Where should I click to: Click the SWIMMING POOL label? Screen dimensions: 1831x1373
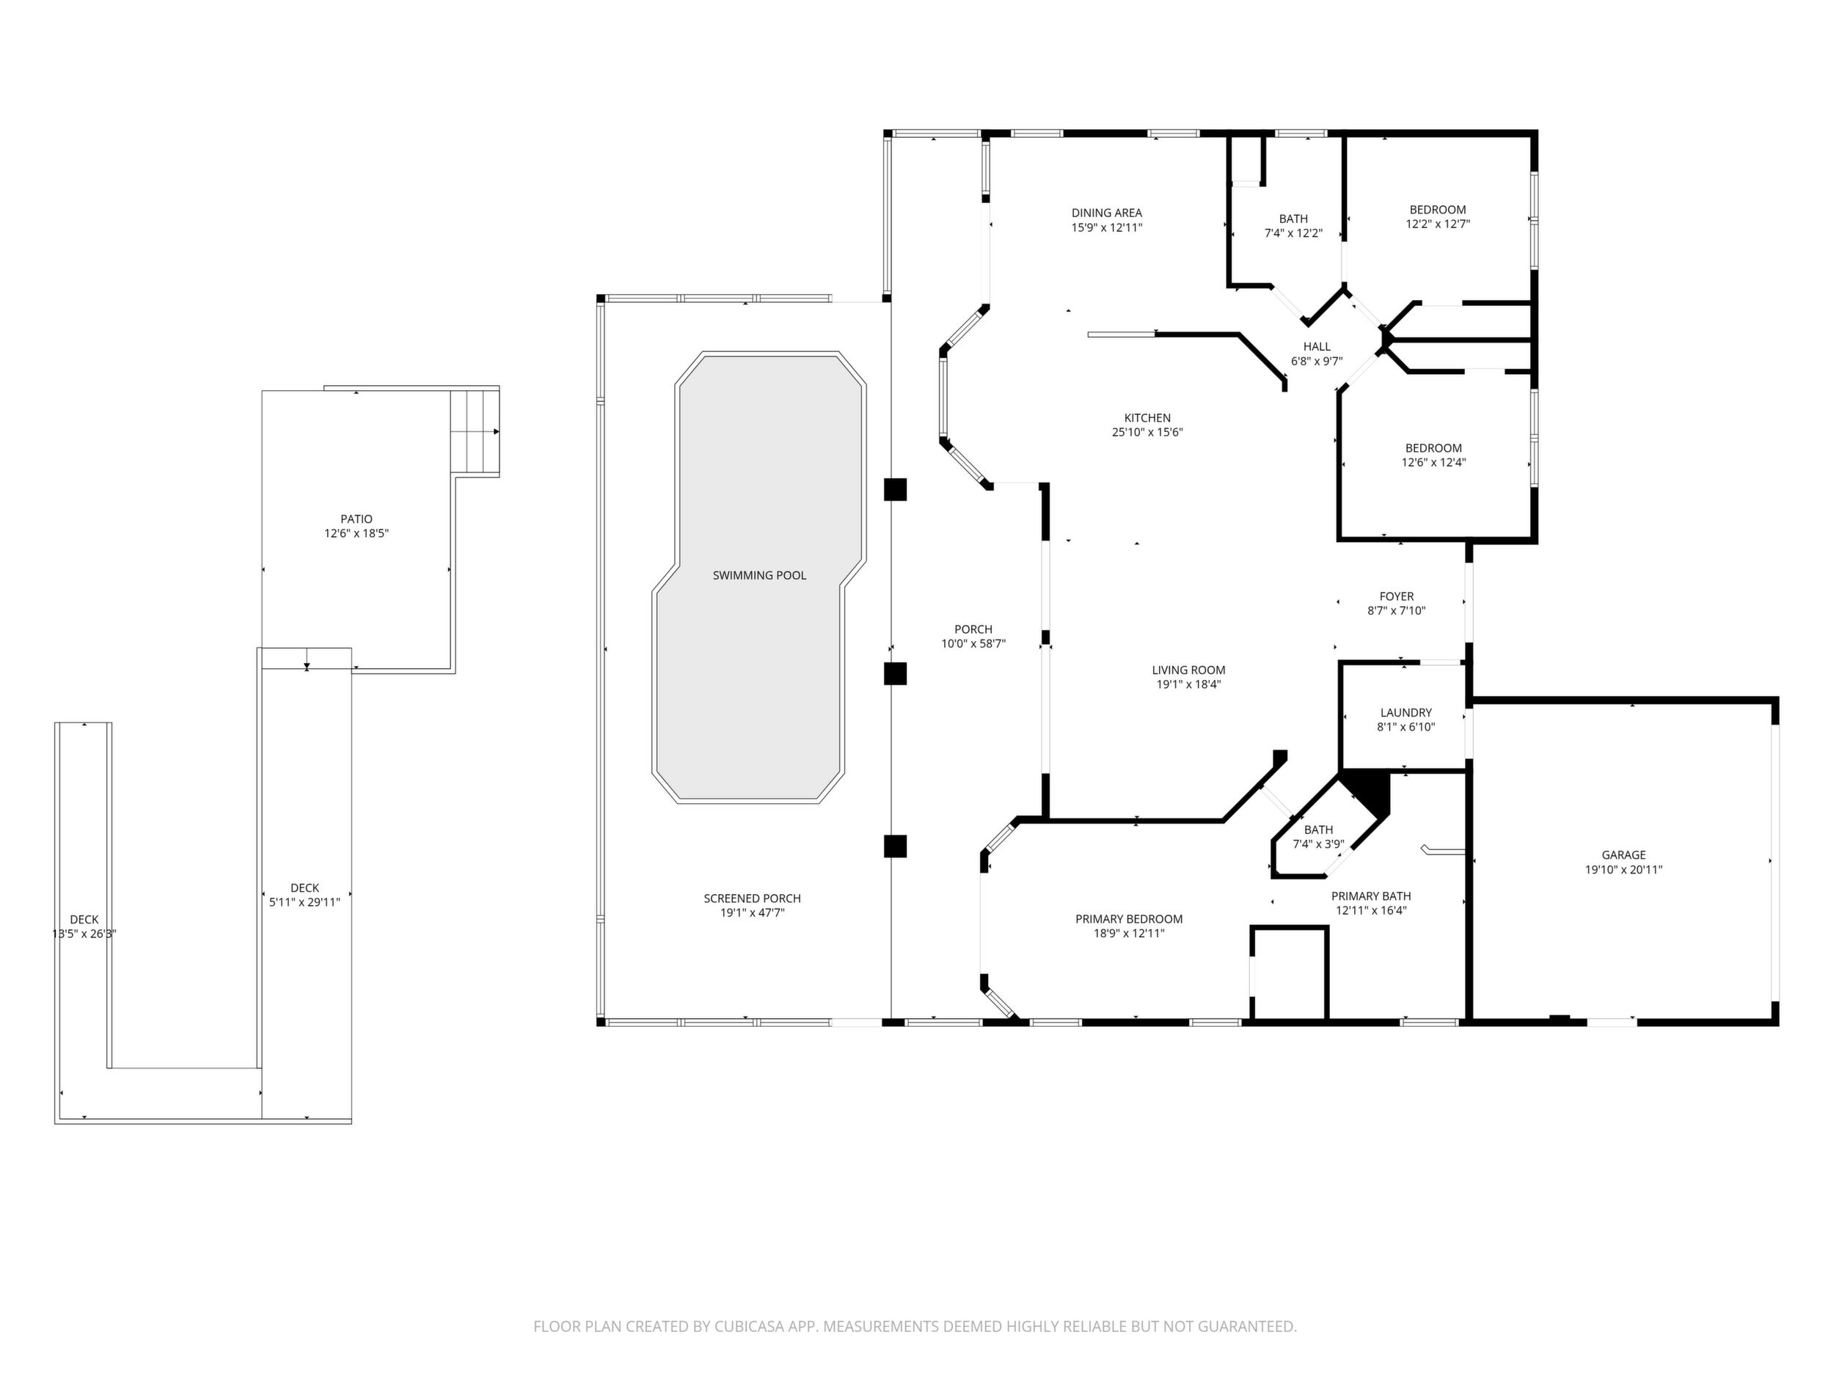pyautogui.click(x=759, y=575)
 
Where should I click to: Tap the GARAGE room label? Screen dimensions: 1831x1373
pyautogui.click(x=1623, y=855)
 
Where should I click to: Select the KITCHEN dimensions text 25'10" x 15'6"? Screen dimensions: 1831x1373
pyautogui.click(x=1147, y=432)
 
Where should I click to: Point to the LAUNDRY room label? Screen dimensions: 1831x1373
pyautogui.click(x=1406, y=713)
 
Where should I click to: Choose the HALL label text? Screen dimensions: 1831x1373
pyautogui.click(x=1317, y=347)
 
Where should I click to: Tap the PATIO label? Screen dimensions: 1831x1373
pyautogui.click(x=356, y=519)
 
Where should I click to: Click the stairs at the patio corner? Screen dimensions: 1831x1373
pyautogui.click(x=475, y=431)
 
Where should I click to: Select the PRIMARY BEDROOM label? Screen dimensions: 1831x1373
pyautogui.click(x=1129, y=919)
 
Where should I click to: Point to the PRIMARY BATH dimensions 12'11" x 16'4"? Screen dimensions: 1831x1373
pyautogui.click(x=1371, y=910)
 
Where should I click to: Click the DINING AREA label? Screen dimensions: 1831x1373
pyautogui.click(x=1107, y=213)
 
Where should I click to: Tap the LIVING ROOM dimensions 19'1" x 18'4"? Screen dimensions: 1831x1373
pyautogui.click(x=1188, y=684)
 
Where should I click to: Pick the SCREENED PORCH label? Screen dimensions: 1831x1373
pyautogui.click(x=753, y=898)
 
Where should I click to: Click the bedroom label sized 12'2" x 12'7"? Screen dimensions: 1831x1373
pyautogui.click(x=1438, y=209)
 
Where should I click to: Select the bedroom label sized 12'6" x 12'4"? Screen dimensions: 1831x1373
pyautogui.click(x=1433, y=447)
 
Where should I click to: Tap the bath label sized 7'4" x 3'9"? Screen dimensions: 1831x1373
pyautogui.click(x=1319, y=830)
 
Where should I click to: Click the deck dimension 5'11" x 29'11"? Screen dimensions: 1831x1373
pyautogui.click(x=304, y=902)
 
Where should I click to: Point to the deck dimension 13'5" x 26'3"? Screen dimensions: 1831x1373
pyautogui.click(x=84, y=934)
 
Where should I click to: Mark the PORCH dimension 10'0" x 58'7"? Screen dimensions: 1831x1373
pyautogui.click(x=973, y=643)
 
